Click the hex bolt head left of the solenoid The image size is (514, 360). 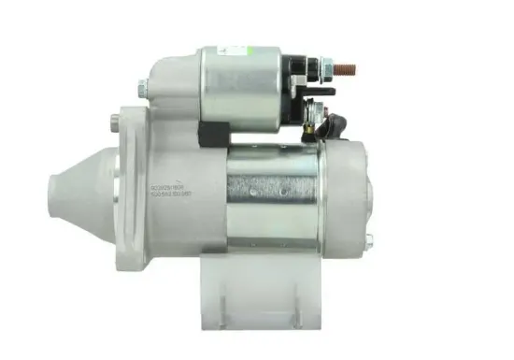click(x=140, y=90)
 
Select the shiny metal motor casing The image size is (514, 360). click(x=271, y=201)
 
